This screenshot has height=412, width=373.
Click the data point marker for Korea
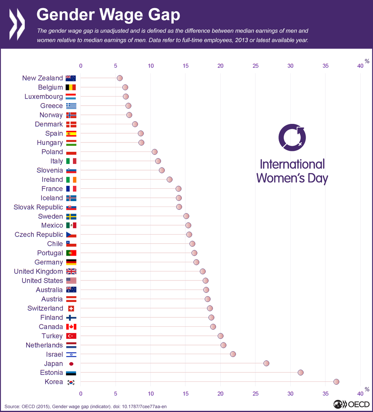pos(336,382)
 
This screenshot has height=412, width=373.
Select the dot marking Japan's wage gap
pos(266,363)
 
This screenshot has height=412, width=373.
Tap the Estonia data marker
pos(301,372)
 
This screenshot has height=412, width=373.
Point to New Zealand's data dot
pos(119,78)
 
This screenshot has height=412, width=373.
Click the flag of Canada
pos(71,327)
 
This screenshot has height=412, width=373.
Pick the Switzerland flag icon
pos(71,308)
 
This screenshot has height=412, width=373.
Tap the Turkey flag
pos(71,336)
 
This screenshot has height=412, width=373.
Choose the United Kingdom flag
pos(71,271)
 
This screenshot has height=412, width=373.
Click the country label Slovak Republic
pos(38,207)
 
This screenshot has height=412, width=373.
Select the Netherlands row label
pos(44,345)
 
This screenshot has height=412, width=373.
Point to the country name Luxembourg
pos(44,97)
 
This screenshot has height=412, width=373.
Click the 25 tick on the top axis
pos(255,66)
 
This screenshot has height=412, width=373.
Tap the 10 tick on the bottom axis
pos(150,393)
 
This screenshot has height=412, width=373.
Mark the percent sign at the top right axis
pos(367,62)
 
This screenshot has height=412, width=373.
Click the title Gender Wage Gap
pos(108,15)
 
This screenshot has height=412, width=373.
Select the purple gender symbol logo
pos(292,137)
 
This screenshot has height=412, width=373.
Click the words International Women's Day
pos(292,171)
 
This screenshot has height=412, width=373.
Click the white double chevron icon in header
pos(17,24)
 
